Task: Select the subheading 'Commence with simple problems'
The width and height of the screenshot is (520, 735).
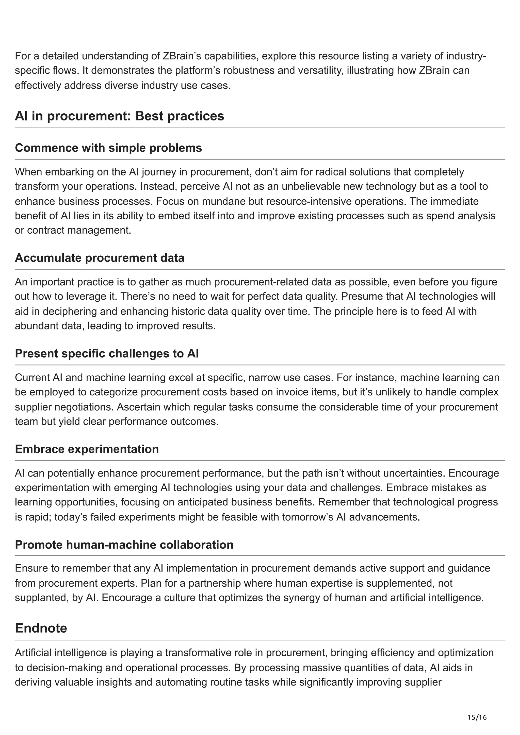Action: pos(108,148)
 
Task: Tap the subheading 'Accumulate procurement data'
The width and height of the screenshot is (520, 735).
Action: pos(99,258)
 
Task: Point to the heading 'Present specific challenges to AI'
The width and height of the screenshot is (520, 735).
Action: pos(107,354)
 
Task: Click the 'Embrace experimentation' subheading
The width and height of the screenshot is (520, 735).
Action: pos(87,449)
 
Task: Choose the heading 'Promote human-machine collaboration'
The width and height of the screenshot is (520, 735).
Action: pos(124,545)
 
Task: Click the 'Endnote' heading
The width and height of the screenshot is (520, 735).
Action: pos(41,628)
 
